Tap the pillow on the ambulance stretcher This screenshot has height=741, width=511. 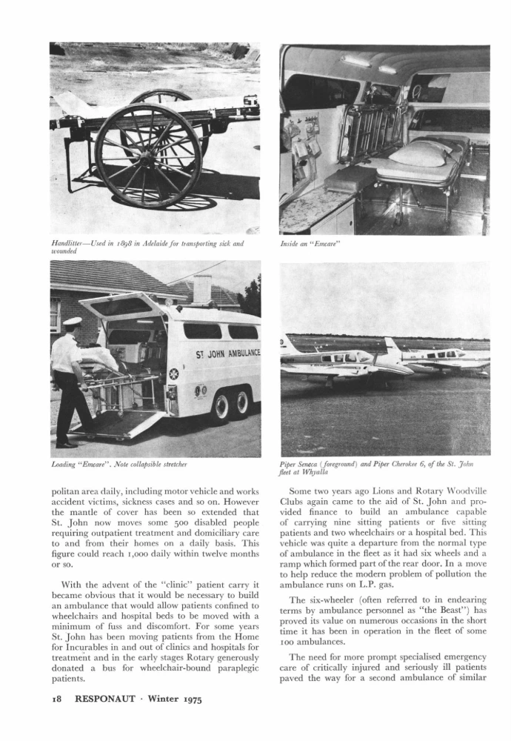point(418,153)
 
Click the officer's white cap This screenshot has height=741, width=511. point(72,322)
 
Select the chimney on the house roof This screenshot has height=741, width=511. point(201,289)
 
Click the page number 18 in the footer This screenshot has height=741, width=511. point(59,699)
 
